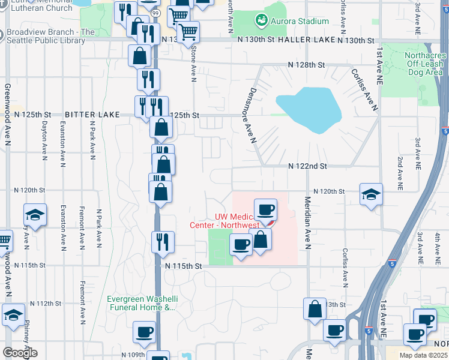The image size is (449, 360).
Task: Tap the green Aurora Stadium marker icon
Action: point(261,21)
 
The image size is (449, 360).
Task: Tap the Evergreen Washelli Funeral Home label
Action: point(141,304)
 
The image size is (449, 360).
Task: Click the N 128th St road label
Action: point(306,64)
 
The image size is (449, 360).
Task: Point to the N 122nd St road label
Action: point(307,166)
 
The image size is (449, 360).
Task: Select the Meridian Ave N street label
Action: point(307,223)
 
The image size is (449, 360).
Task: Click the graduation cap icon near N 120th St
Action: point(371,194)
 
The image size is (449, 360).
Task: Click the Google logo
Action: point(20,353)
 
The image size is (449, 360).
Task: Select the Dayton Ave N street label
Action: point(44,142)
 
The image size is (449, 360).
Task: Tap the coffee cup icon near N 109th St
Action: point(145,332)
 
